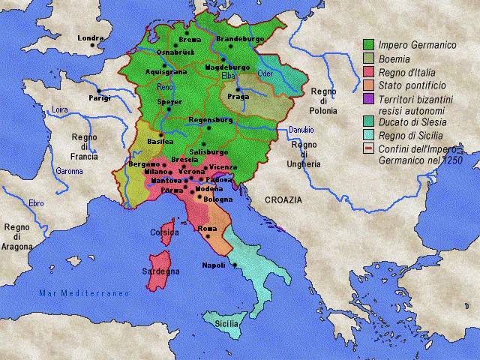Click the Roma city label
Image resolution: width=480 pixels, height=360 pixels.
pyautogui.click(x=207, y=227)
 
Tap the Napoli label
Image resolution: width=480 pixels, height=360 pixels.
pyautogui.click(x=214, y=265)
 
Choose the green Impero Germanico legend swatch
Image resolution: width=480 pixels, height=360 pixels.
pyautogui.click(x=368, y=45)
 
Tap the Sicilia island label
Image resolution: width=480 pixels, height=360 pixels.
pyautogui.click(x=228, y=323)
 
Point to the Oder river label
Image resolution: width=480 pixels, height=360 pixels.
pyautogui.click(x=265, y=73)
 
